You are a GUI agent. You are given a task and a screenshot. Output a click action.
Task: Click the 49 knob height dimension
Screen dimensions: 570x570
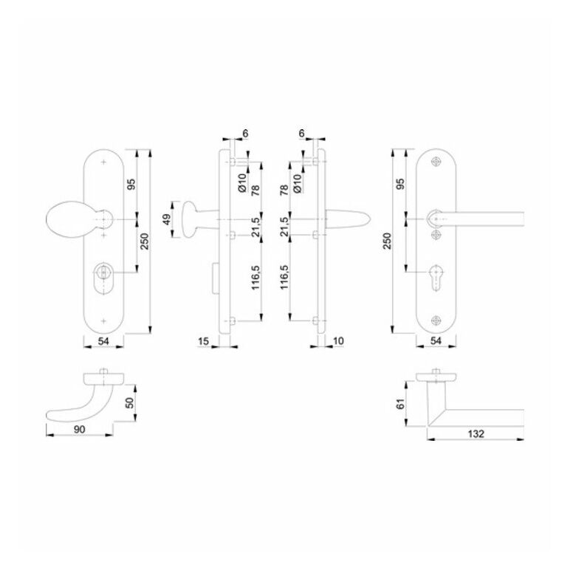pos(167,219)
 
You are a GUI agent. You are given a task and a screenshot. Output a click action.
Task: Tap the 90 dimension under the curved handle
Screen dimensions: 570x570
pos(79,429)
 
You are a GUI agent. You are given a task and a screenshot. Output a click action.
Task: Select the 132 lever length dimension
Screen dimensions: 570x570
pos(475,433)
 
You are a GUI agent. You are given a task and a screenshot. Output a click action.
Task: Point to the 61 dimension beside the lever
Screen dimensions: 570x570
pos(400,404)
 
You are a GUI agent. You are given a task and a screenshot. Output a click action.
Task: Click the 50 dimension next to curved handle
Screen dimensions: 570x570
pos(130,402)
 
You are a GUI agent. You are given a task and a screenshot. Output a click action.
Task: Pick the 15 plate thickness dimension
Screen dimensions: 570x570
pos(204,341)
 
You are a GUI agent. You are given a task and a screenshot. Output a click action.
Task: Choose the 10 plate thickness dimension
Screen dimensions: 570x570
pos(338,341)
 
